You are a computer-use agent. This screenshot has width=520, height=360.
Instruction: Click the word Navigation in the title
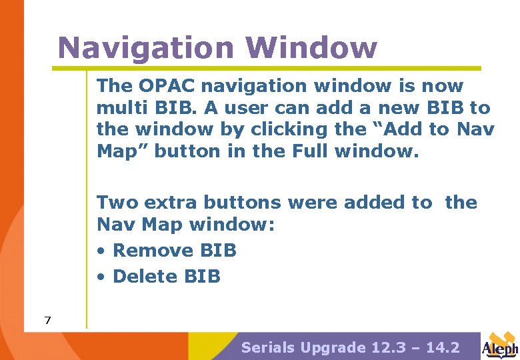(145, 48)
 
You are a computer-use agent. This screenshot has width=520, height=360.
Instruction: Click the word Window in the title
(311, 48)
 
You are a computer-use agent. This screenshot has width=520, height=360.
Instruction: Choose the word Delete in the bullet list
(145, 276)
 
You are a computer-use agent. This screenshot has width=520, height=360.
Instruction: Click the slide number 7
(47, 321)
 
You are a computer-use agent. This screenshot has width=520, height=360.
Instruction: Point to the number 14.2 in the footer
(443, 347)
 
